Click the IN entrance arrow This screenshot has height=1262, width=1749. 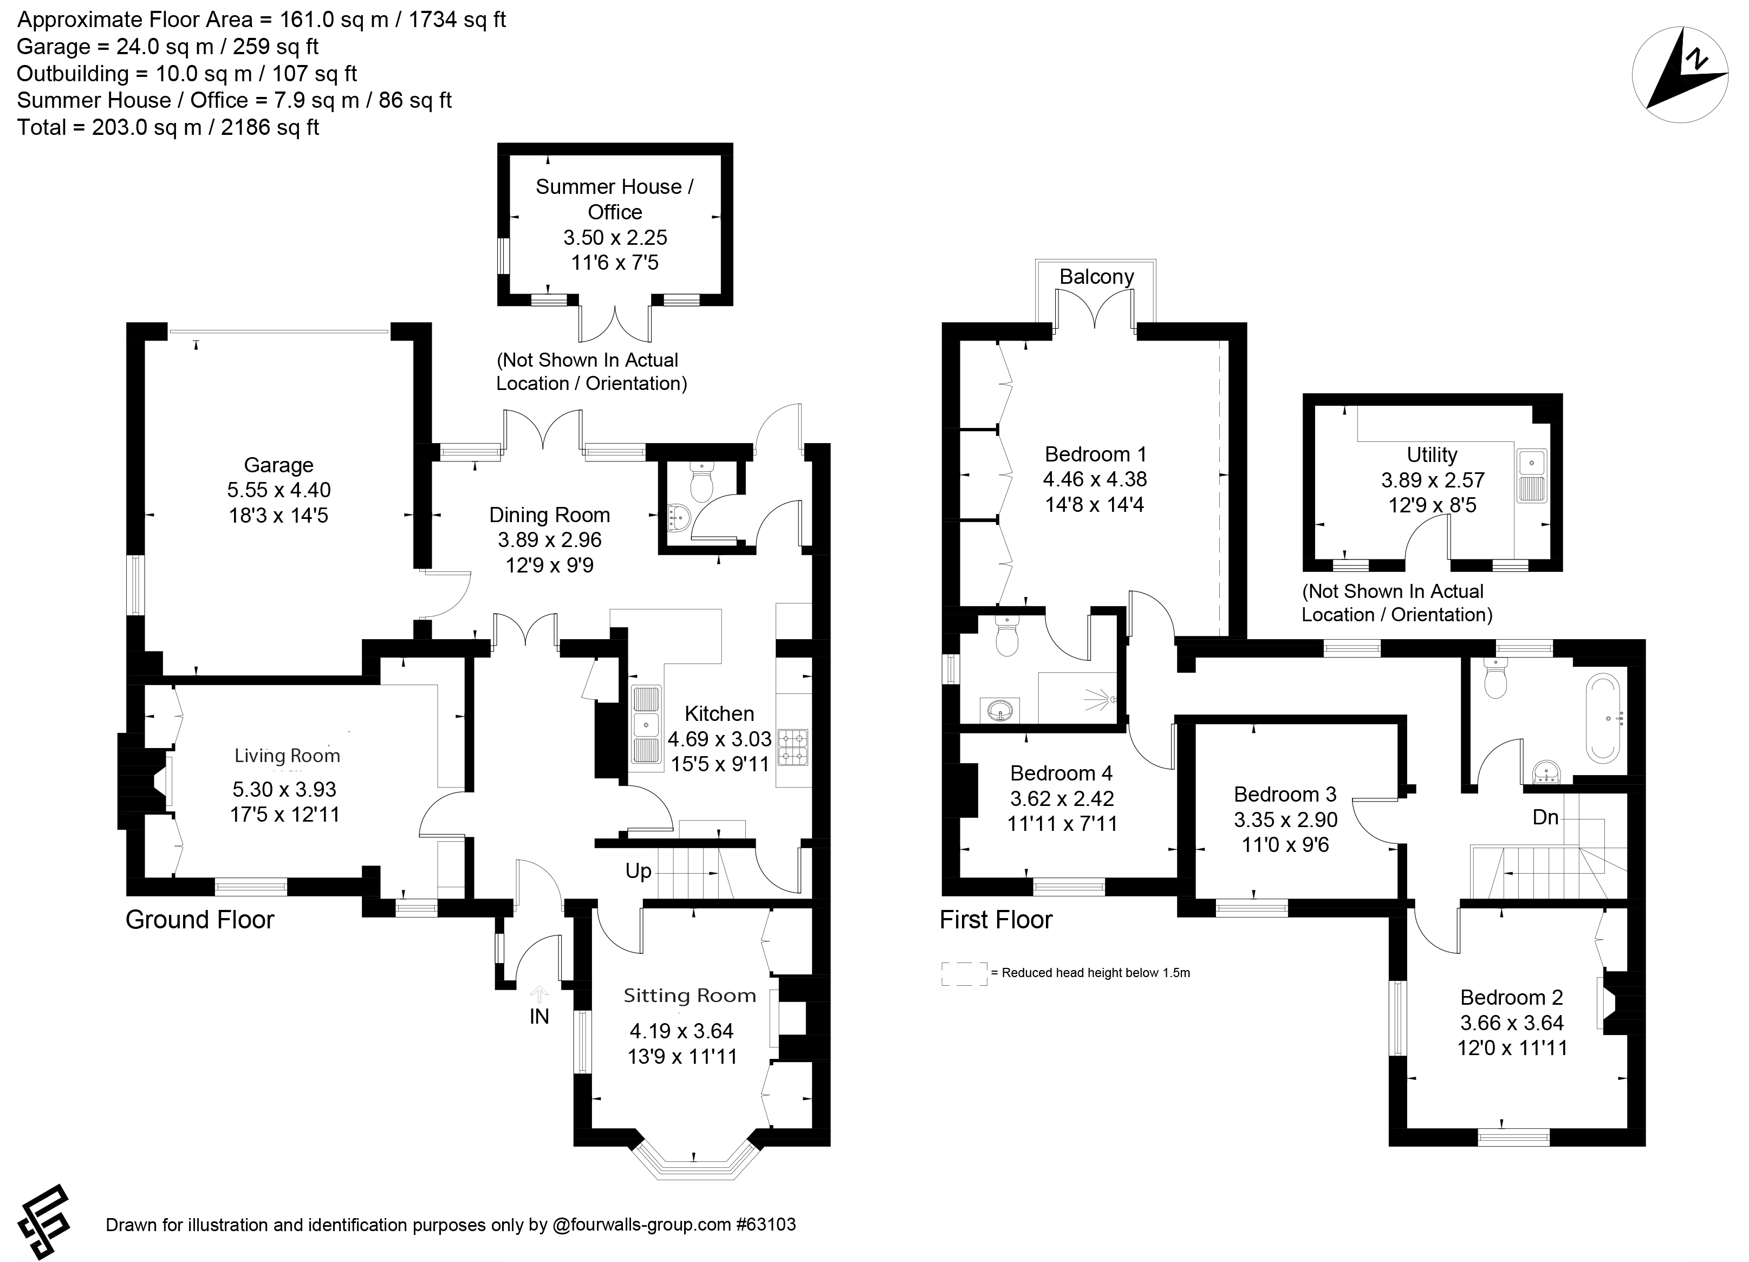tap(539, 994)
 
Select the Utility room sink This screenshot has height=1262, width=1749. tap(1531, 475)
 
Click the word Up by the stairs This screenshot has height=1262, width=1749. tap(639, 870)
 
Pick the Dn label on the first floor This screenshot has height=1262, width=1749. tap(1545, 817)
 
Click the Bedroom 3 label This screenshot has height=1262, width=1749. tap(1285, 794)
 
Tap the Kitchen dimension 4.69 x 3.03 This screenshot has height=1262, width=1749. tap(719, 739)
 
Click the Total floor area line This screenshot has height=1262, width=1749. tap(168, 127)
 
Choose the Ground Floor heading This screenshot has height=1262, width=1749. tap(200, 920)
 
